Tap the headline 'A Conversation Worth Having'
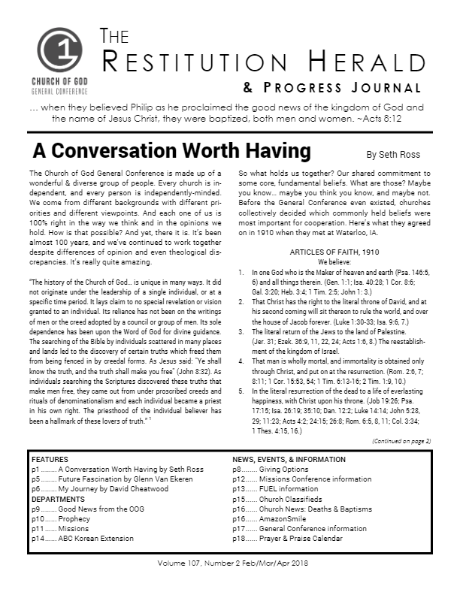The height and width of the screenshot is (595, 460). [171, 151]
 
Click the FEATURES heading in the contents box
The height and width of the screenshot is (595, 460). [50, 459]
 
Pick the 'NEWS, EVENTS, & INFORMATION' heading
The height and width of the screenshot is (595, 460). [289, 459]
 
